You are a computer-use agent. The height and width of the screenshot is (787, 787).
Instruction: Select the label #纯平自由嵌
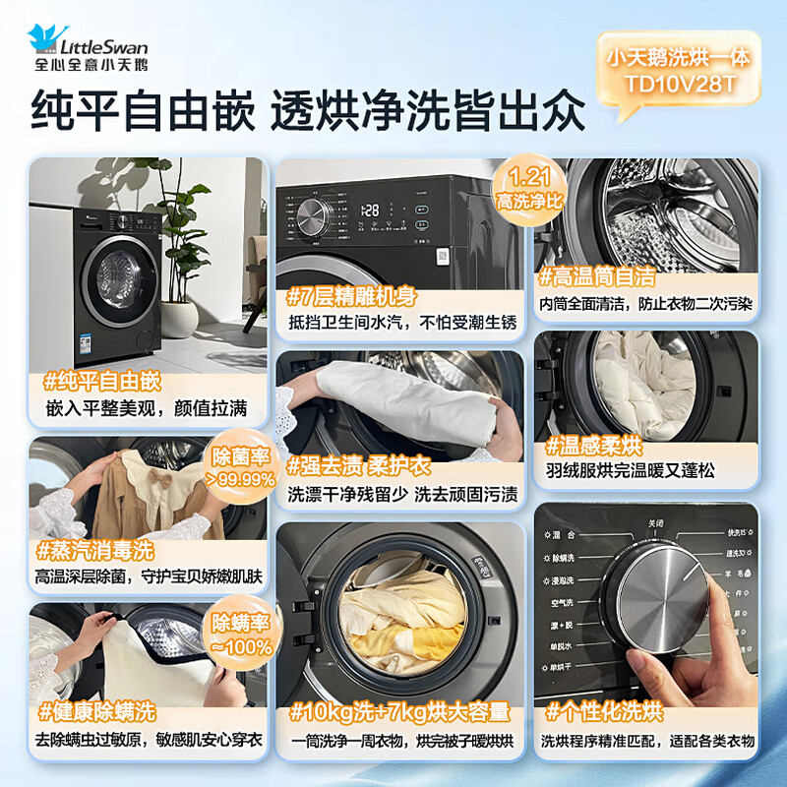pyautogui.click(x=102, y=381)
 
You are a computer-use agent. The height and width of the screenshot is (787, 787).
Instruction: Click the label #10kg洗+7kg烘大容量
pyautogui.click(x=398, y=711)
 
